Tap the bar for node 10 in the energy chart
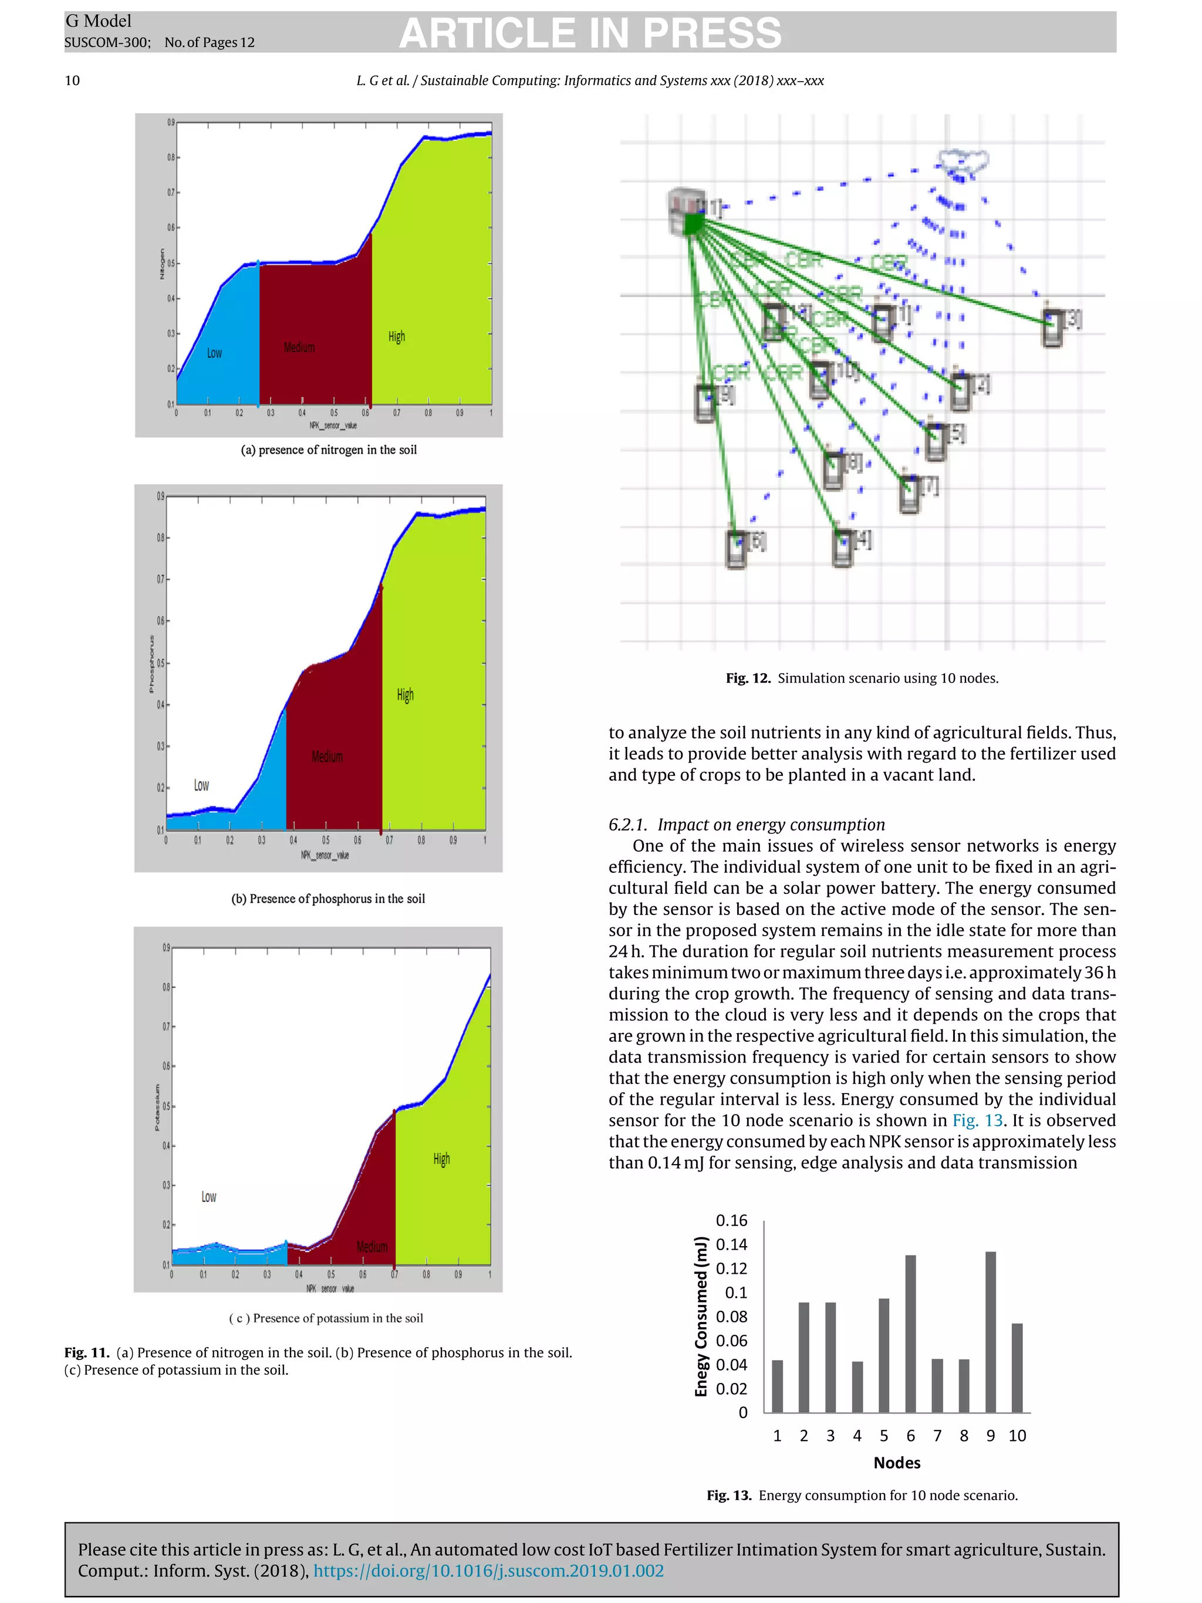pos(1017,1368)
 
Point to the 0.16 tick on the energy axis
pos(731,1220)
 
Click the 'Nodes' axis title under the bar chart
pos(896,1462)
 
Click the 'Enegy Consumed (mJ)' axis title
pos(700,1316)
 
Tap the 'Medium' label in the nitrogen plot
pos(299,347)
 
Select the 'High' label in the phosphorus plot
pos(405,694)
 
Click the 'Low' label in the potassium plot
pos(209,1196)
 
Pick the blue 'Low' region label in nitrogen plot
pos(214,353)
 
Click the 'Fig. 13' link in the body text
pos(977,1121)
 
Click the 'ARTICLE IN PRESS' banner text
pos(590,33)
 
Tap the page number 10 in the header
pos(72,80)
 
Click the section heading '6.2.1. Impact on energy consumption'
pos(747,825)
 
